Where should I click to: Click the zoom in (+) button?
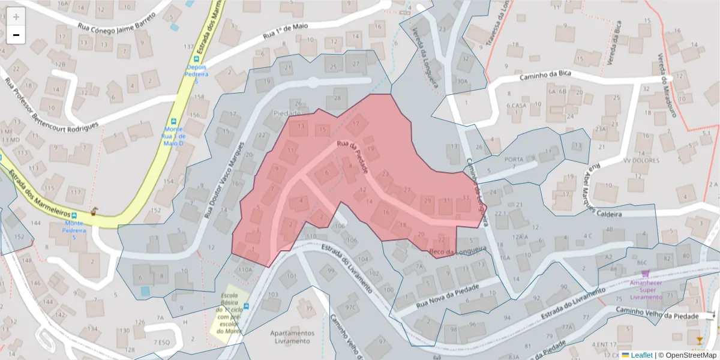pyautogui.click(x=16, y=17)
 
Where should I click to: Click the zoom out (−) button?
pyautogui.click(x=16, y=35)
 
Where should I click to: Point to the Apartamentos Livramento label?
pyautogui.click(x=292, y=337)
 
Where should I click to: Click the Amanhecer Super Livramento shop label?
pyautogui.click(x=645, y=289)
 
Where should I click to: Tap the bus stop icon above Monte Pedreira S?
pyautogui.click(x=74, y=215)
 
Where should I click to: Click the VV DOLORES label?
pyautogui.click(x=641, y=160)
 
